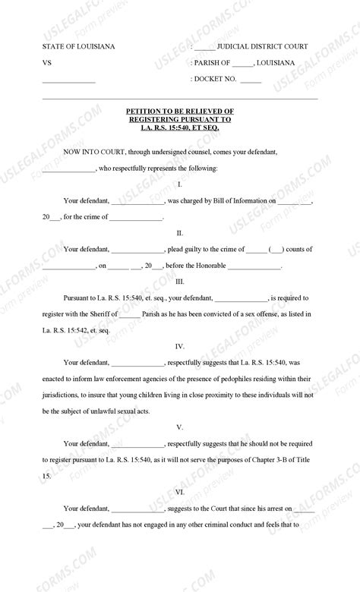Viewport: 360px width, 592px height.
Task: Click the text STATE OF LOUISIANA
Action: click(78, 47)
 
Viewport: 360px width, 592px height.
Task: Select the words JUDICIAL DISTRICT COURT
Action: click(262, 47)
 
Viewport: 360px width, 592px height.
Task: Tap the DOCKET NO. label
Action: click(216, 79)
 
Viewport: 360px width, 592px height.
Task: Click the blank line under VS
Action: click(68, 80)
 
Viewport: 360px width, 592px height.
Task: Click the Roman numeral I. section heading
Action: click(179, 184)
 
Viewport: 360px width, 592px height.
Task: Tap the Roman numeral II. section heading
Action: click(179, 232)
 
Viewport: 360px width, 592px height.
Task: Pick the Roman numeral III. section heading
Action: click(179, 281)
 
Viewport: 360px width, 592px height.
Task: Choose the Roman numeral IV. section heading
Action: click(179, 345)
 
